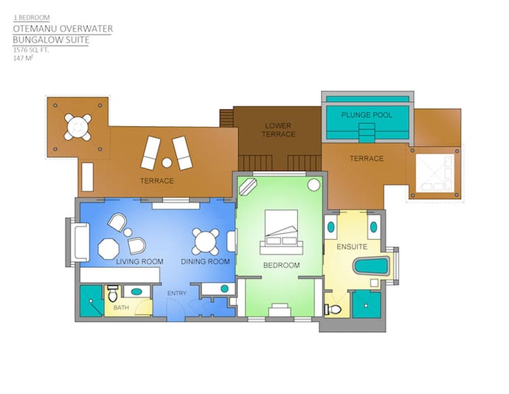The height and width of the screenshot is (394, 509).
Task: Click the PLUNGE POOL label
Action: coord(367,115)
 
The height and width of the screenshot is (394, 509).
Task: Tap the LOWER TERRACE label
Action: coord(279,130)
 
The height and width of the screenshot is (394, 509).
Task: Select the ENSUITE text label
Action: coord(352,247)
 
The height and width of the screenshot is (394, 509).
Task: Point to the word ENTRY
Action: coord(177,294)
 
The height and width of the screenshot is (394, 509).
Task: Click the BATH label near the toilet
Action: coord(121,307)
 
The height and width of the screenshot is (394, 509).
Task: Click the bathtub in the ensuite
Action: coord(372,266)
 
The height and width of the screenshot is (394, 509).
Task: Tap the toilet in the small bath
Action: coord(113,294)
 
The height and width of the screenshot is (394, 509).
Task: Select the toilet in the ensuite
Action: coord(333,309)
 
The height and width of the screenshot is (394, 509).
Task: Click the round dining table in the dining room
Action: coord(205,242)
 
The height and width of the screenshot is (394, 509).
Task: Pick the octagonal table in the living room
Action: coord(108,249)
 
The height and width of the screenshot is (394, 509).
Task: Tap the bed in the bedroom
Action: coord(281,232)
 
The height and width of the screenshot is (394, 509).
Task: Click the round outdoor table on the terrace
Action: coord(77,127)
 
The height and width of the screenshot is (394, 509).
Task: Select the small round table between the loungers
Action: coord(167,162)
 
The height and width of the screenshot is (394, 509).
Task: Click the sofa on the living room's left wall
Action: coord(81,242)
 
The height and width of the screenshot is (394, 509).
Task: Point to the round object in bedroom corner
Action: coord(314,185)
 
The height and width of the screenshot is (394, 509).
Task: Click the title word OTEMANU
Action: coord(35,29)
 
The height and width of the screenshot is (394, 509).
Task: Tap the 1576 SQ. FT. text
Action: coord(31,50)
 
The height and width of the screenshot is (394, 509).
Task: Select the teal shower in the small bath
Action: coord(92,301)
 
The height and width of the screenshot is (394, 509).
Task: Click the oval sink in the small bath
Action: coord(136,291)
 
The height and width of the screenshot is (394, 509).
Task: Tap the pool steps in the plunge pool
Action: coord(366,133)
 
